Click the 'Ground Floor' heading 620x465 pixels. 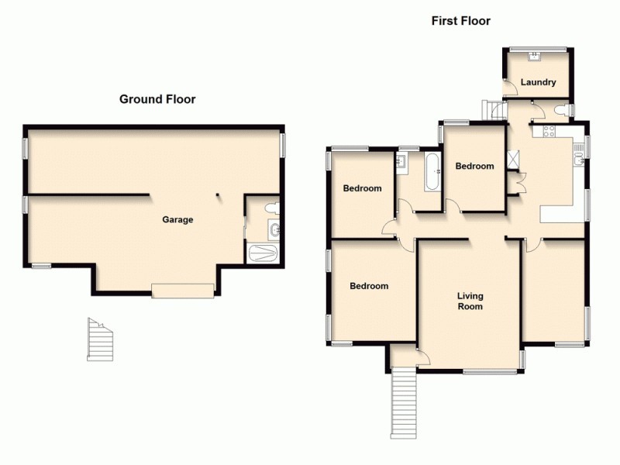tap(157, 99)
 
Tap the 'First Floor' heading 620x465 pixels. tap(460, 21)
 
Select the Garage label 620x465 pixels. tap(177, 219)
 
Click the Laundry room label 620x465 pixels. tap(538, 82)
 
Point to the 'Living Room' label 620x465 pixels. tap(470, 301)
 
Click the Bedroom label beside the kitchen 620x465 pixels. tap(474, 166)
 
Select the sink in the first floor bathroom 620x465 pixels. tap(402, 161)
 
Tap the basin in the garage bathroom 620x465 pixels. tap(275, 229)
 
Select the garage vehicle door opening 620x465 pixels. tap(182, 291)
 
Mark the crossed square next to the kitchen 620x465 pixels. tap(513, 159)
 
